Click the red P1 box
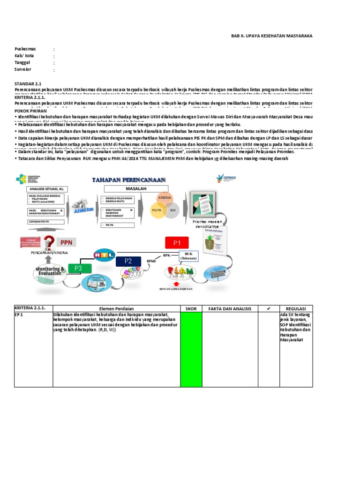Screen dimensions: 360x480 (x=177, y=243)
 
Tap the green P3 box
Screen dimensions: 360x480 (x=78, y=268)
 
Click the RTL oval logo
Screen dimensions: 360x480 (x=104, y=254)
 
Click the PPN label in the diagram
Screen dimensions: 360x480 (x=67, y=242)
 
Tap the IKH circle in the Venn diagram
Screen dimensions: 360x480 (x=172, y=210)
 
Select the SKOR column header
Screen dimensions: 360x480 (x=191, y=308)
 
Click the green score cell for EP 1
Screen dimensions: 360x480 (x=191, y=349)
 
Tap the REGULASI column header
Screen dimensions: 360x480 (x=296, y=308)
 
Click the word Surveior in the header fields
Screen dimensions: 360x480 (x=23, y=69)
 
